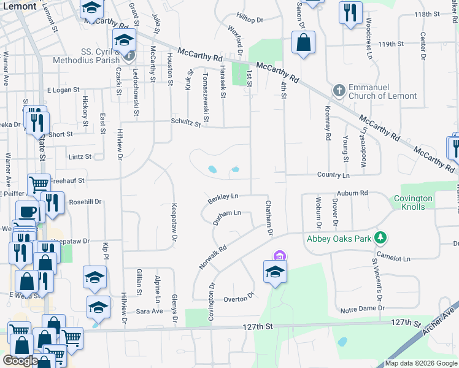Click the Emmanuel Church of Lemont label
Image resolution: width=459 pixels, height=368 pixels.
point(383,91)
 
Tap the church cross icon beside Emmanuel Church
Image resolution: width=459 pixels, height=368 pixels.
point(338,91)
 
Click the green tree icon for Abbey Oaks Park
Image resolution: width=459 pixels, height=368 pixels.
point(381,237)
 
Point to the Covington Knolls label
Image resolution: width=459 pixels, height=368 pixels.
point(418,202)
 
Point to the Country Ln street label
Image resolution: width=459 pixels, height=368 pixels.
point(333,175)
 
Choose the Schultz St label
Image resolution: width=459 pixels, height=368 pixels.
point(187,123)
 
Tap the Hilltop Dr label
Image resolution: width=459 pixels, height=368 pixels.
point(250,20)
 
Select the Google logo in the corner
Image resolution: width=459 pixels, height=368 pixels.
point(20,361)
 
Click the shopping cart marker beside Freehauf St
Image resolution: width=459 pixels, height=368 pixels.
point(39,184)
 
